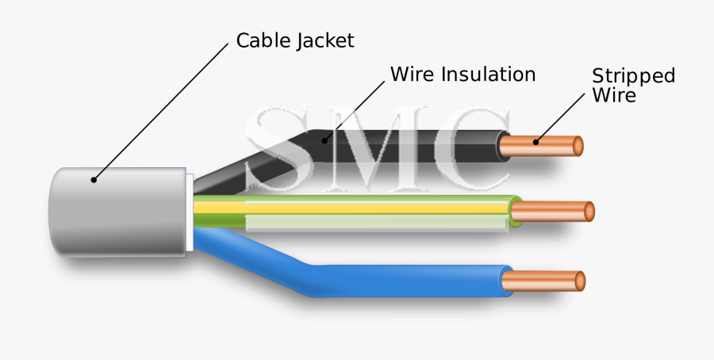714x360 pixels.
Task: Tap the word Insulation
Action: coord(488,75)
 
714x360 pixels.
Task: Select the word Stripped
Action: coord(634,76)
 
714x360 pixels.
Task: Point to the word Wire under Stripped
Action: coord(614,95)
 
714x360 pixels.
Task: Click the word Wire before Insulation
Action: coord(412,75)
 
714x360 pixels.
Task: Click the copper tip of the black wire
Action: coord(547,146)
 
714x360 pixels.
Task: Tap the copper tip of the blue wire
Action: coord(547,280)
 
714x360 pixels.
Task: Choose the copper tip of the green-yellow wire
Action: coord(555,212)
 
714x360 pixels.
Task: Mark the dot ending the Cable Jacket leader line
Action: coord(94,180)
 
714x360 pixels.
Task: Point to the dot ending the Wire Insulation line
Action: coord(323,141)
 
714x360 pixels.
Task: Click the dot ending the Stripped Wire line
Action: coord(535,143)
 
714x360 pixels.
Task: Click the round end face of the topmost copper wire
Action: coord(578,146)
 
